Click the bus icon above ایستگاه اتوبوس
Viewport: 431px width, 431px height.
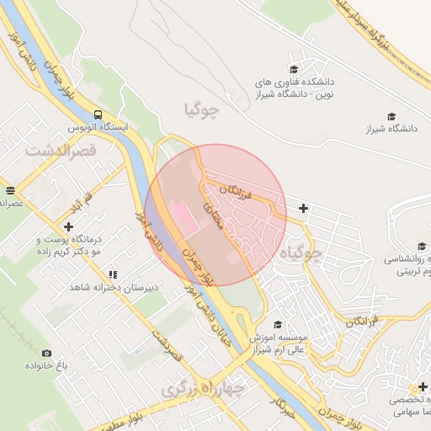98,114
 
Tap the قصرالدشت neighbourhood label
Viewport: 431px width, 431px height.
61,152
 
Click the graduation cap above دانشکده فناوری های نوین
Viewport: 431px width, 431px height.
294,70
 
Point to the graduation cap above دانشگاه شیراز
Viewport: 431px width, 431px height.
391,116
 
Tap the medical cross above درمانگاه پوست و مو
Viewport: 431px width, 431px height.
68,226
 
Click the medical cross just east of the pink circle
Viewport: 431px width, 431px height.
303,208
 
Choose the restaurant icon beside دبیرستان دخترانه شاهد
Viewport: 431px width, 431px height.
113,274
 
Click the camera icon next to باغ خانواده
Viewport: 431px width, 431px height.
46,353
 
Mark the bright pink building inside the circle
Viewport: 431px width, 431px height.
181,217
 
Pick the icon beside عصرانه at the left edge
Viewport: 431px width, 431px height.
9,191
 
